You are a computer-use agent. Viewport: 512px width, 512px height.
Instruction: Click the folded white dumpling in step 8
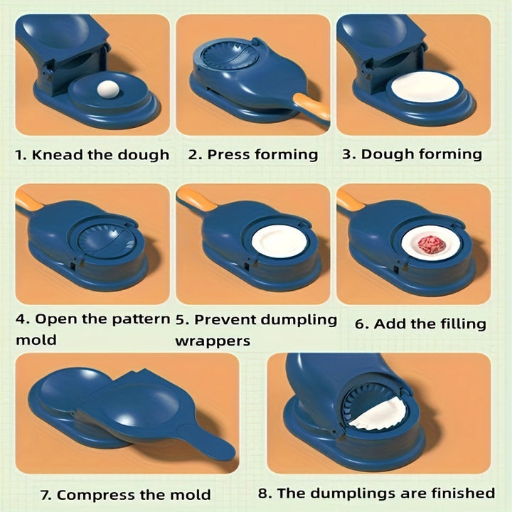(379, 417)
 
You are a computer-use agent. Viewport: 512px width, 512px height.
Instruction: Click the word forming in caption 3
(450, 154)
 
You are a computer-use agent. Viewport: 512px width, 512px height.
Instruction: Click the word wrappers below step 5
(212, 341)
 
